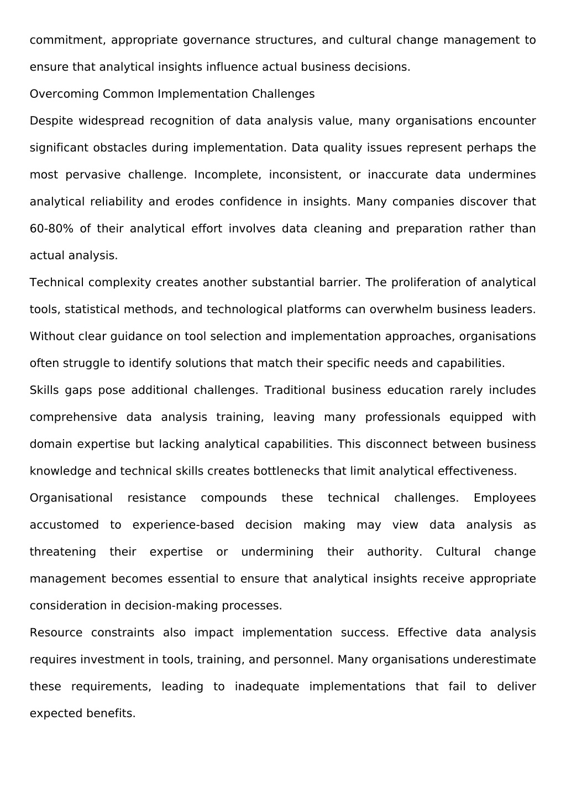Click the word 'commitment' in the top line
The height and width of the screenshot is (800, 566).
coord(67,40)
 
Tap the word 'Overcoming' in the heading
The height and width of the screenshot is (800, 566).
coord(64,94)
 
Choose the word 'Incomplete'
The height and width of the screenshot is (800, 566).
coord(227,175)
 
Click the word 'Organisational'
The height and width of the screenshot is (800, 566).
coord(71,498)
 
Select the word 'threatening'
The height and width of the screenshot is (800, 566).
coord(62,552)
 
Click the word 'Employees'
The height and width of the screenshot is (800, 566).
coord(505,498)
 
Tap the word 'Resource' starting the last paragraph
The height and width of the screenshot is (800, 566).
coord(56,633)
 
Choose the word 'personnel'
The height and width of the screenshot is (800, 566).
coord(308,660)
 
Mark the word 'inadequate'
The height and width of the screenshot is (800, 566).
coord(267,687)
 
